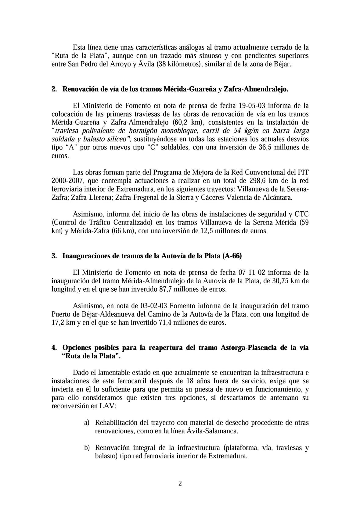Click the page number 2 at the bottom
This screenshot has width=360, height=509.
pyautogui.click(x=180, y=484)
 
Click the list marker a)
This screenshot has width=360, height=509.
pyautogui.click(x=87, y=423)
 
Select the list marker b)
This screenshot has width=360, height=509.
pyautogui.click(x=87, y=448)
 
